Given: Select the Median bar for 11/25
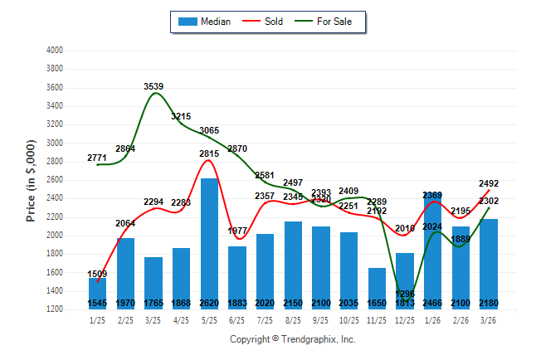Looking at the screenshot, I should click(377, 286).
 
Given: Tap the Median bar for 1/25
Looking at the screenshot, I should click(98, 292).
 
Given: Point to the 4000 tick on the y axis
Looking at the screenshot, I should click(55, 51).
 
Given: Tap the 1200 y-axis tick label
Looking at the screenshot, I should click(55, 309).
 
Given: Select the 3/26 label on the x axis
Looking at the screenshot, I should click(489, 320).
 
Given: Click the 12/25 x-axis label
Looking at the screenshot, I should click(405, 320).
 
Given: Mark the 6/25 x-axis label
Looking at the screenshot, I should click(237, 320).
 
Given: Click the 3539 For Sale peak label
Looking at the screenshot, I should click(153, 85).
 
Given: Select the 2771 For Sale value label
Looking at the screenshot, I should click(98, 158).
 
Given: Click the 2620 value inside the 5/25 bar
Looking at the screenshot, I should click(209, 304).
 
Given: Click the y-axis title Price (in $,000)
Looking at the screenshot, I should click(31, 179).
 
